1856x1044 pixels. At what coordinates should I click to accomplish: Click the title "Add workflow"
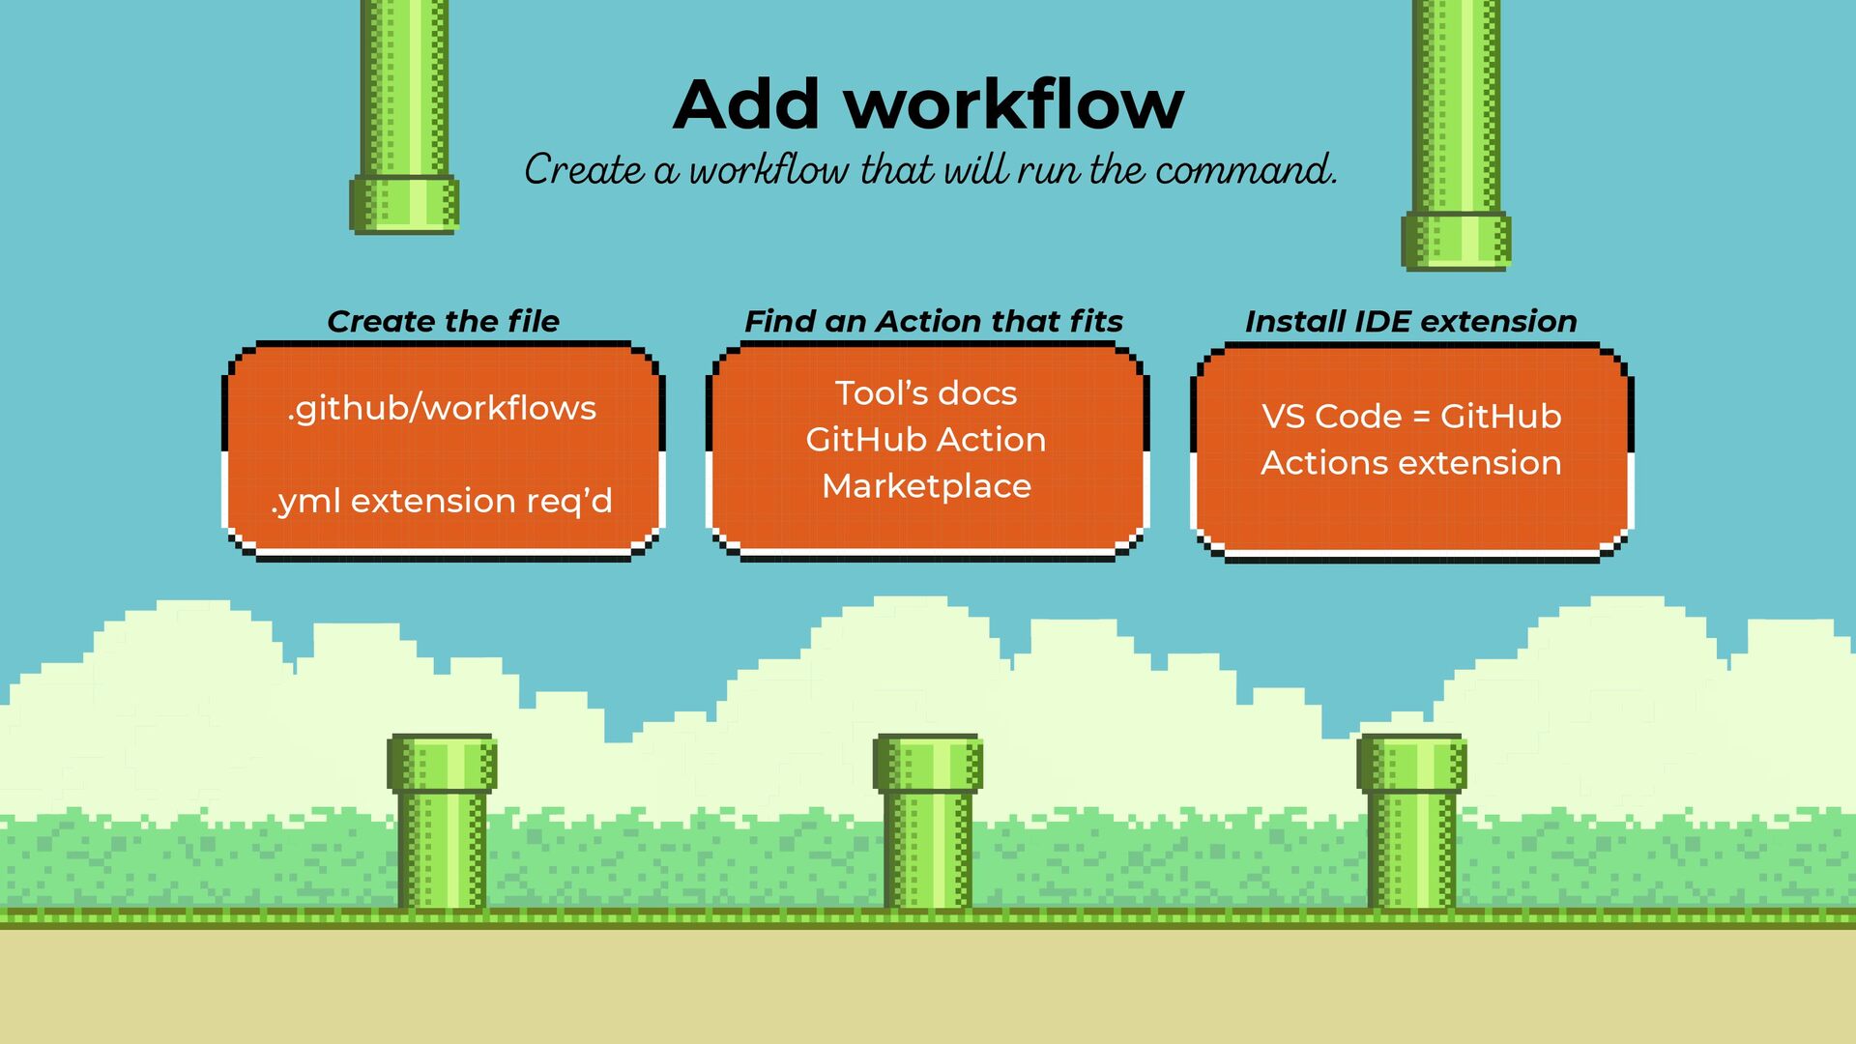(928, 104)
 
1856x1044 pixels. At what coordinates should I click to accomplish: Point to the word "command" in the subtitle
(1244, 170)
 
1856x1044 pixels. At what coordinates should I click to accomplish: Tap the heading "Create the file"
(443, 321)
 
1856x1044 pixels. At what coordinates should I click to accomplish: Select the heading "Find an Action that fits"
(933, 321)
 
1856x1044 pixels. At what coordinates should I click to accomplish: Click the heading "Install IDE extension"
(1410, 321)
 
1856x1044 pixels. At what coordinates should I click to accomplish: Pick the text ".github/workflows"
(442, 408)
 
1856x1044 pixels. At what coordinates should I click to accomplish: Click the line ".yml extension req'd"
(442, 501)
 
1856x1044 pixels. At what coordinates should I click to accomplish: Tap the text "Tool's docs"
(926, 393)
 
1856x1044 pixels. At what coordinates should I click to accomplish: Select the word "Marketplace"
(926, 485)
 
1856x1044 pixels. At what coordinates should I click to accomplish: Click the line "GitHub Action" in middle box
(926, 440)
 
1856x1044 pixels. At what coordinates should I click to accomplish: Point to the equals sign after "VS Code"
(1420, 418)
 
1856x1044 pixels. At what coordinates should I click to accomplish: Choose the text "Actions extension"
(1410, 463)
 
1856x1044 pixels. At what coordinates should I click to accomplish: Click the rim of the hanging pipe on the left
(404, 204)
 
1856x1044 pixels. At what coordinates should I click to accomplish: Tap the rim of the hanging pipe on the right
(1456, 241)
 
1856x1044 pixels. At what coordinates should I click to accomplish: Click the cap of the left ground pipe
(442, 764)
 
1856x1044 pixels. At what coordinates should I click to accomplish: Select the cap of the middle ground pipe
(927, 764)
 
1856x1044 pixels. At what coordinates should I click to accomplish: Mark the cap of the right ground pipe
(1411, 764)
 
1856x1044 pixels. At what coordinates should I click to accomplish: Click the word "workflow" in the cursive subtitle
(768, 170)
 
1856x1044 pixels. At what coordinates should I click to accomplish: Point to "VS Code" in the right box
(1331, 417)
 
